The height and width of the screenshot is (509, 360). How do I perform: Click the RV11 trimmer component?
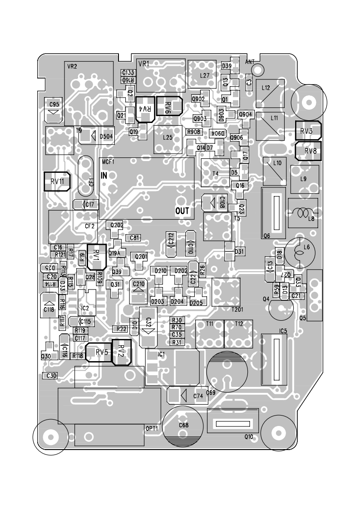(x=58, y=181)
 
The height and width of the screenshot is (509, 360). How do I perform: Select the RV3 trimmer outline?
(x=308, y=130)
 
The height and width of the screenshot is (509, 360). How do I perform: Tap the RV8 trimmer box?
(x=308, y=151)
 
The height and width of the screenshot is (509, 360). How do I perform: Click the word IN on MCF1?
(x=104, y=176)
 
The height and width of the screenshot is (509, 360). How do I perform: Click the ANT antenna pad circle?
(x=257, y=69)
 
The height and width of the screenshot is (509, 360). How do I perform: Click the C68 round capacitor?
(x=184, y=425)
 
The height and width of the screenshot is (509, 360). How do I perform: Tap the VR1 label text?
(x=143, y=64)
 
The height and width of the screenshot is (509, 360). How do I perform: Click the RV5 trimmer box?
(x=102, y=352)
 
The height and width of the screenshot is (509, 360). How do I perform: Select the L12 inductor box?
(x=270, y=92)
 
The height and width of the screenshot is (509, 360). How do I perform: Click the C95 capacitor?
(x=54, y=109)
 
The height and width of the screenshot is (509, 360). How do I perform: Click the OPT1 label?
(x=151, y=428)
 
